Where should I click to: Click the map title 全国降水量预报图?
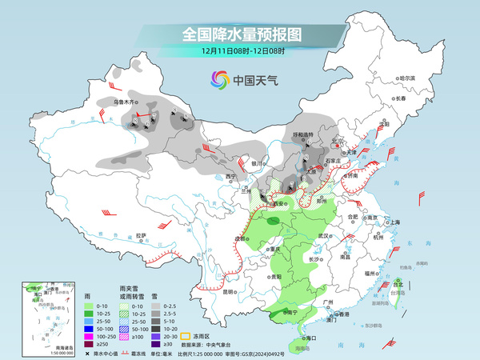[x=239, y=34]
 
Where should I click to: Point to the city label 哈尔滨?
[x=408, y=78]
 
